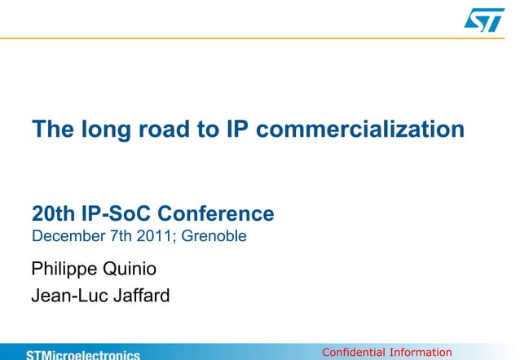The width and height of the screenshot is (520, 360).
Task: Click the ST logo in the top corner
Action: tap(484, 20)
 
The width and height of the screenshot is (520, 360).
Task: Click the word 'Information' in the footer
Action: tap(420, 353)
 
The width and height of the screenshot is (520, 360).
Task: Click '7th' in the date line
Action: tap(115, 238)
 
